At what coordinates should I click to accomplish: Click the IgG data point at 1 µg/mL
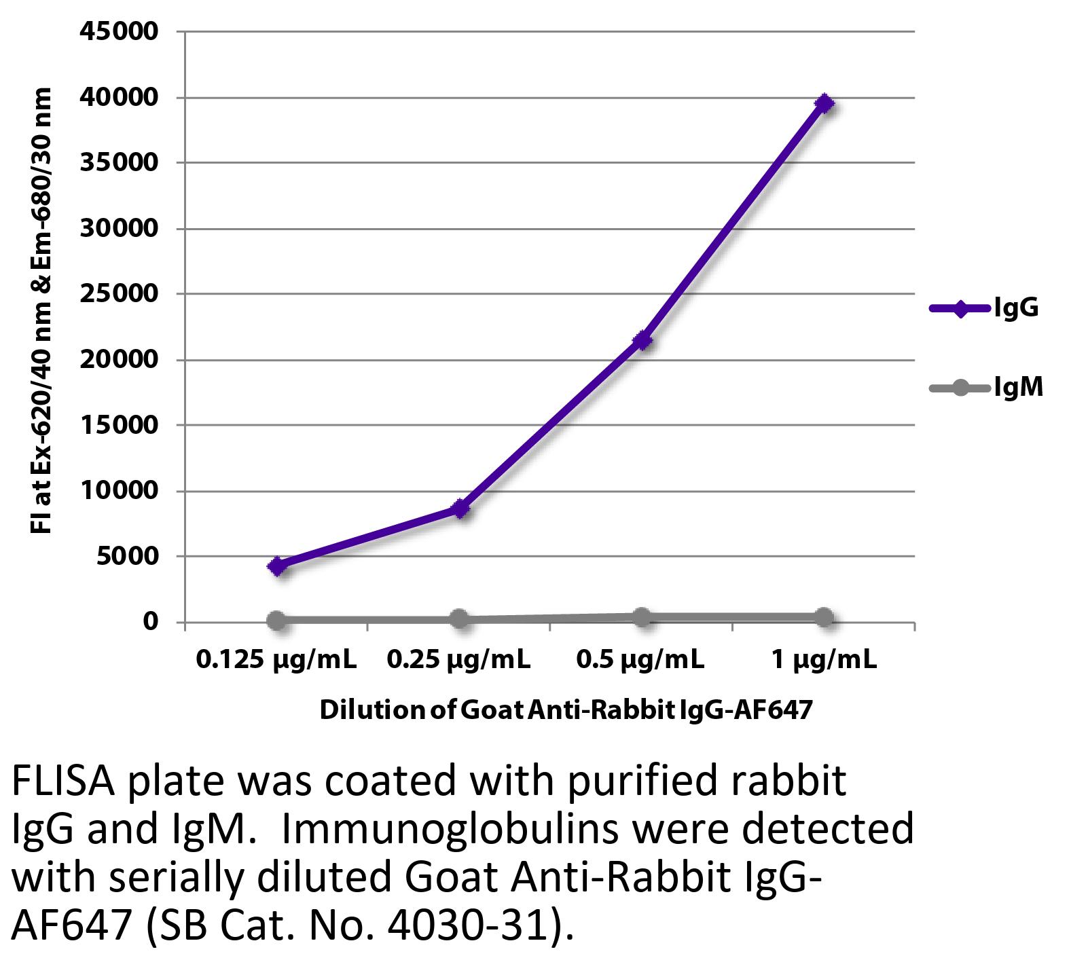coord(824,104)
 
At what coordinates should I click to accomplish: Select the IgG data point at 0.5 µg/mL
coord(642,340)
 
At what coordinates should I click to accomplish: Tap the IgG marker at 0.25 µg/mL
coord(460,509)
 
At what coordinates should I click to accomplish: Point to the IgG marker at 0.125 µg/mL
coord(277,566)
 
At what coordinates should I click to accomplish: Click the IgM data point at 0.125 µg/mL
coord(276,620)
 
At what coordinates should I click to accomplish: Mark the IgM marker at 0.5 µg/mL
coord(642,617)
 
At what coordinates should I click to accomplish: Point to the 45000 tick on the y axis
coord(119,31)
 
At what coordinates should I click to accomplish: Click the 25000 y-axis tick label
coord(119,294)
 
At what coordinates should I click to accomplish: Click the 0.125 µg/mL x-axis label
coord(276,659)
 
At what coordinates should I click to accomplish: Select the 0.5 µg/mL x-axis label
coord(640,659)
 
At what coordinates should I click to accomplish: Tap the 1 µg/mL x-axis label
coord(824,659)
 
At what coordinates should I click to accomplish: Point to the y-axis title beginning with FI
coord(41,310)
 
